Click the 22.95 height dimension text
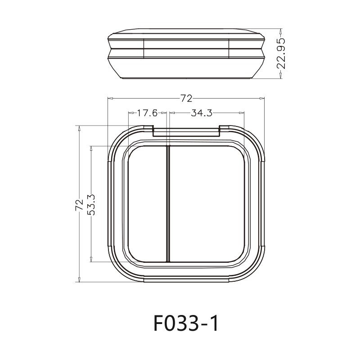pos(281,54)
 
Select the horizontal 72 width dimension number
pos(186,98)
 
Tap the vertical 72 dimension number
pos(79,205)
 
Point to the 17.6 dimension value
pos(147,113)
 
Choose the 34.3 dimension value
pos(201,113)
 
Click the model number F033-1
pos(186,323)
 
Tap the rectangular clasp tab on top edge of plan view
pos(186,131)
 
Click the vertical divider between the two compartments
pos(168,203)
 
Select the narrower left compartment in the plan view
pos(147,203)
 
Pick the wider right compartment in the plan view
pos(207,203)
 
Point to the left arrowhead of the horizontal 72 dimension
pos(110,98)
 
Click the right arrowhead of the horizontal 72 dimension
pos(262,98)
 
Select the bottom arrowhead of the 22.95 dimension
pos(281,76)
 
